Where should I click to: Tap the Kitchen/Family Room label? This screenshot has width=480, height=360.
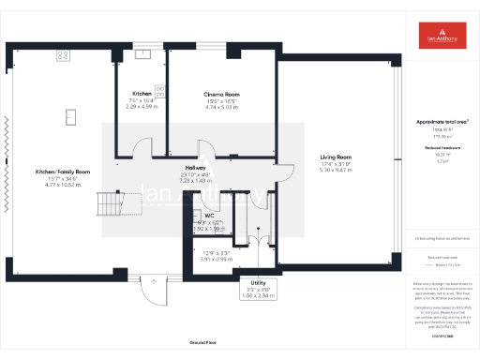pyautogui.click(x=63, y=172)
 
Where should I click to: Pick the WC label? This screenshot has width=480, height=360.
pyautogui.click(x=210, y=215)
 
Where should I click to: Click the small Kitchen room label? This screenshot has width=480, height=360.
pyautogui.click(x=142, y=95)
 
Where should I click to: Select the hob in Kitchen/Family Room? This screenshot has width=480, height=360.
pyautogui.click(x=63, y=55)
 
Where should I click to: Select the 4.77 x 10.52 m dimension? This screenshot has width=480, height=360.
pyautogui.click(x=63, y=186)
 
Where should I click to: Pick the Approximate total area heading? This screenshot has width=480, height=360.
pyautogui.click(x=441, y=122)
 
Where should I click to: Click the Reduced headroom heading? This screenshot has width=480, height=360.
pyautogui.click(x=441, y=148)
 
